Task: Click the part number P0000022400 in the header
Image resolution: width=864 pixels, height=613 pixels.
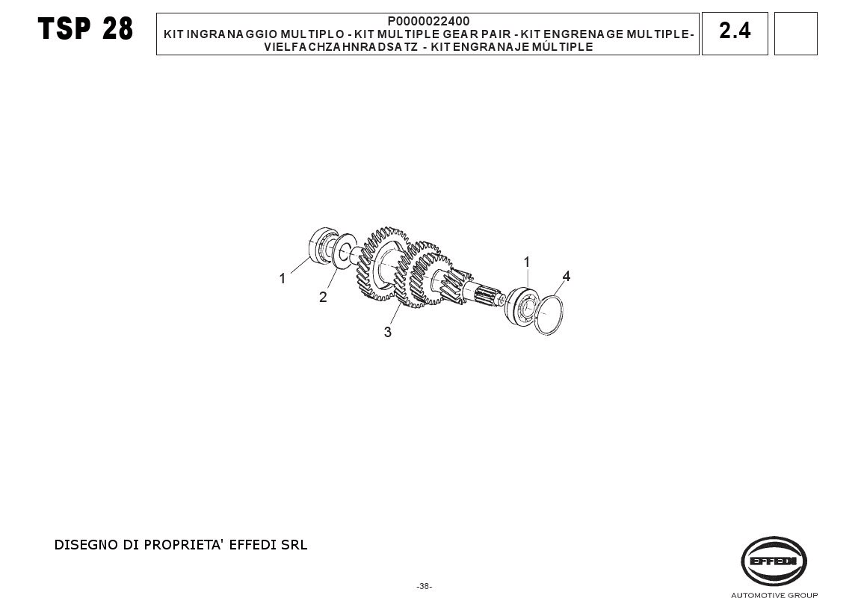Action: point(428,21)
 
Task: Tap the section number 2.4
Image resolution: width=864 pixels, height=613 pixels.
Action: point(735,31)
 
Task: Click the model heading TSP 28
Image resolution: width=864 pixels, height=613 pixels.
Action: point(85,28)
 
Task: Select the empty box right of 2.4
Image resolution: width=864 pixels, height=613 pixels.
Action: point(795,34)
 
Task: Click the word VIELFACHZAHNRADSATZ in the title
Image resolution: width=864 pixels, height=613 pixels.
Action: point(341,47)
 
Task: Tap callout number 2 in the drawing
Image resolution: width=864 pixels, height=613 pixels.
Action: point(323,297)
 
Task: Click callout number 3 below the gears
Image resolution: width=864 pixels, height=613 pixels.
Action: point(388,332)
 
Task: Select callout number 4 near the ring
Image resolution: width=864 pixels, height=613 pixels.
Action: point(566,276)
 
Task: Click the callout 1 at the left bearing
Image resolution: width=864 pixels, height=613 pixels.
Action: point(282,279)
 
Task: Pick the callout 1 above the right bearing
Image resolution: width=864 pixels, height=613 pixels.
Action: point(527,262)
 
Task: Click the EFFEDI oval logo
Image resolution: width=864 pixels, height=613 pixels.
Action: point(774,561)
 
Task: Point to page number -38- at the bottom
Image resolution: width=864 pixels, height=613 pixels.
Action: point(425,587)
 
